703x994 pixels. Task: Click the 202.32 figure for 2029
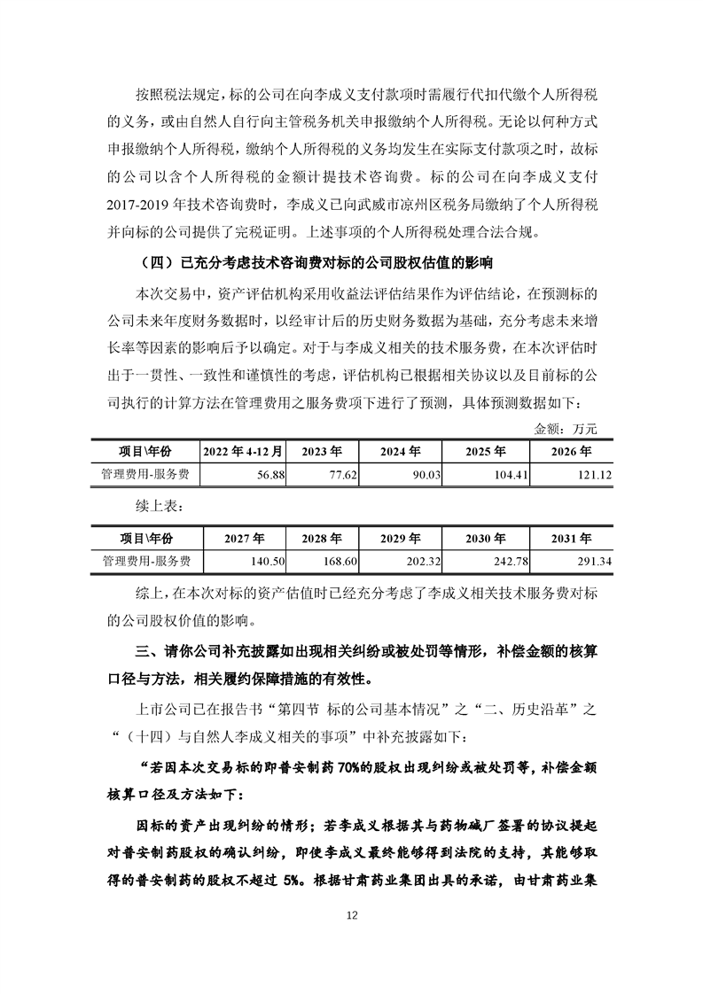pyautogui.click(x=412, y=561)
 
